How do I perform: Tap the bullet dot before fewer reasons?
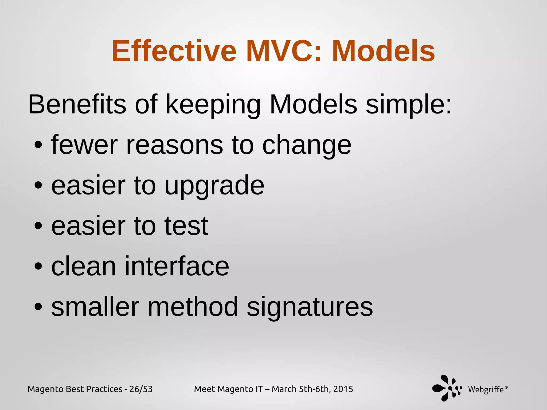(x=38, y=145)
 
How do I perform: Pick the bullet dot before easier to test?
(x=38, y=226)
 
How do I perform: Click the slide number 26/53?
(x=141, y=389)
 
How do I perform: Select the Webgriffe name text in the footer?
(x=486, y=389)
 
